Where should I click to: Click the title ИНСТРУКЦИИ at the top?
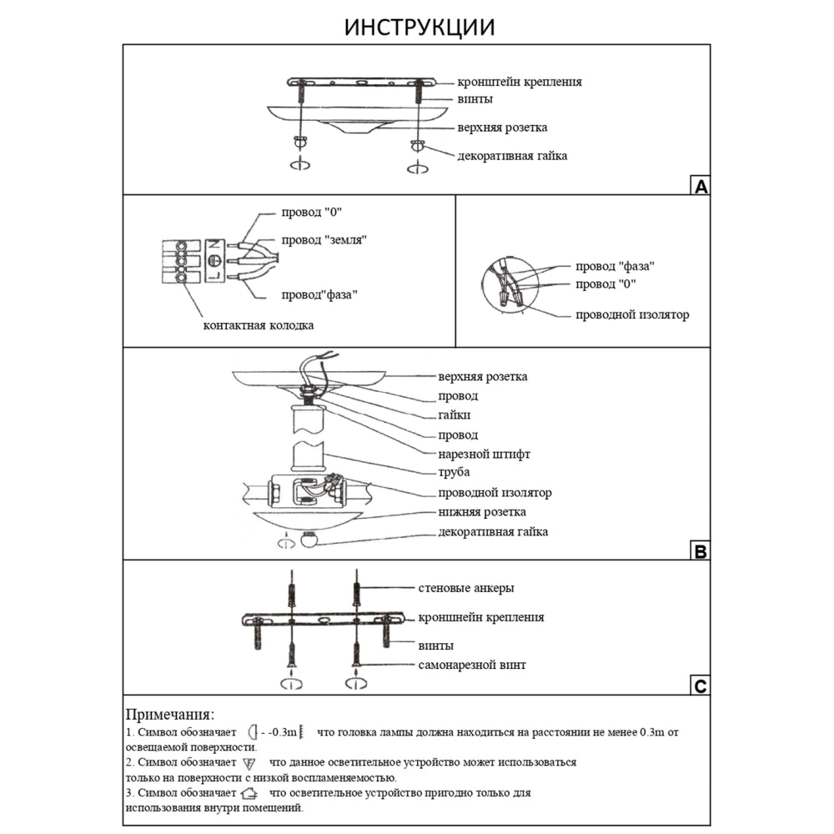coord(420,27)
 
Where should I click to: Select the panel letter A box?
coord(701,186)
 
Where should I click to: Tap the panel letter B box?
coord(701,551)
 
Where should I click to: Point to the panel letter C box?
coord(701,686)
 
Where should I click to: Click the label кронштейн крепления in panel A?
coord(519,82)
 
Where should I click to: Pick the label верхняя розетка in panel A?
coord(502,128)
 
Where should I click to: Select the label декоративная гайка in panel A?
coord(512,155)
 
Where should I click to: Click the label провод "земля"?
coord(324,239)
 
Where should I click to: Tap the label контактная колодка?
coord(259,324)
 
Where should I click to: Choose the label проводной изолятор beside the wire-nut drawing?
coord(632,315)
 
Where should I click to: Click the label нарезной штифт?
coord(485,455)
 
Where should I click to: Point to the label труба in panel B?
coord(454,474)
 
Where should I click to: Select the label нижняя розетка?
coord(482,511)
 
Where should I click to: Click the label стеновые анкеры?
coord(465,588)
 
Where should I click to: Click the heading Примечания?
coord(169,715)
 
